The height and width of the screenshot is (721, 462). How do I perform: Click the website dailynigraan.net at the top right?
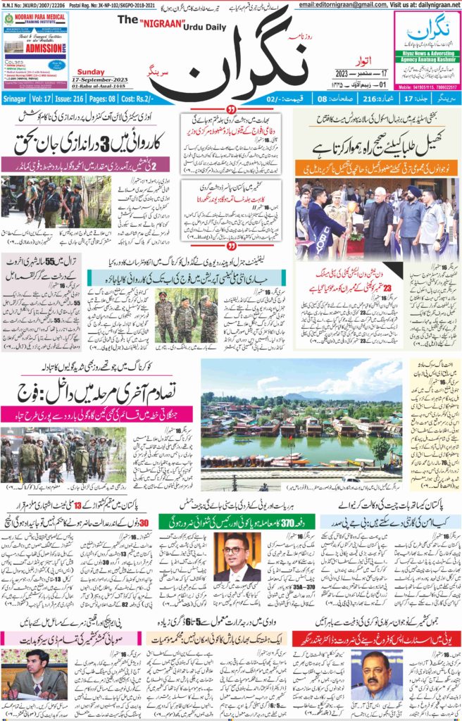coord(432,5)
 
